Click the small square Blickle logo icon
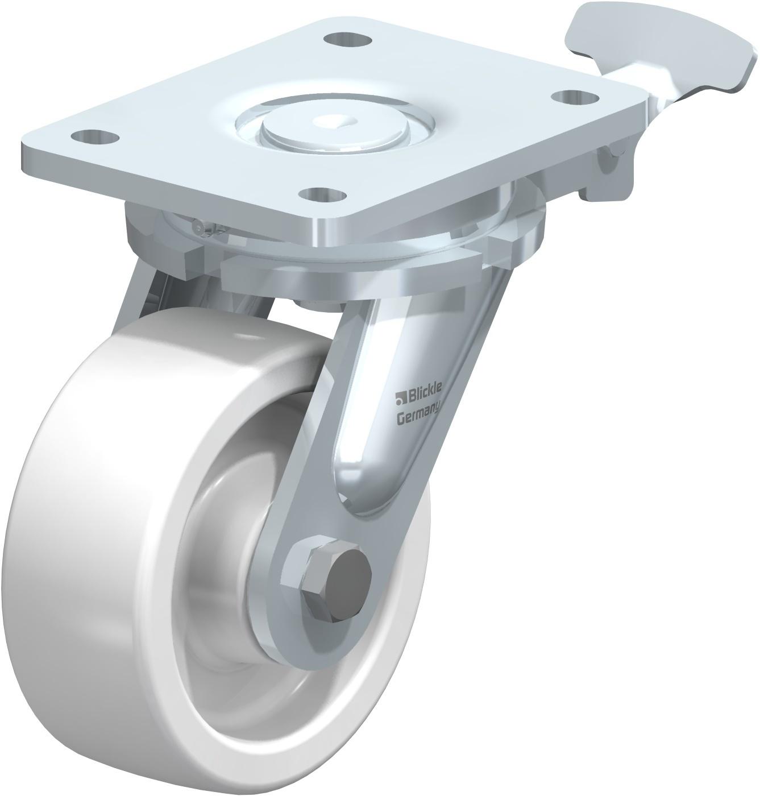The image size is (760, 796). coord(400,397)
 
